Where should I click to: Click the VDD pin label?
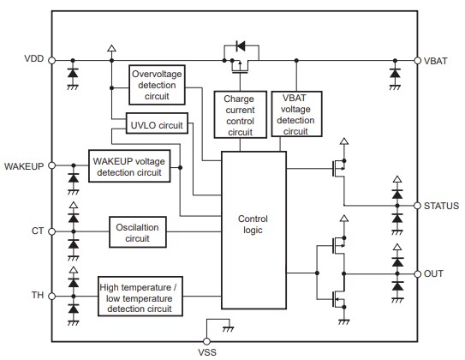coord(32,60)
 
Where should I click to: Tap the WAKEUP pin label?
coord(23,164)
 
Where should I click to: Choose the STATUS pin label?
coord(441,206)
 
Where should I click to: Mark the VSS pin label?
coord(208,351)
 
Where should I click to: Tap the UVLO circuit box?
coord(155,125)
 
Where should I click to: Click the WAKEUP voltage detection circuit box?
coord(128,166)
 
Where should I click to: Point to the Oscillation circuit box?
coord(137,231)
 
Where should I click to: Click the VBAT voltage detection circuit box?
coord(295,115)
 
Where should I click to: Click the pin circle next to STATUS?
coord(417,206)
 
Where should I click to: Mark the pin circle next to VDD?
coord(51,60)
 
